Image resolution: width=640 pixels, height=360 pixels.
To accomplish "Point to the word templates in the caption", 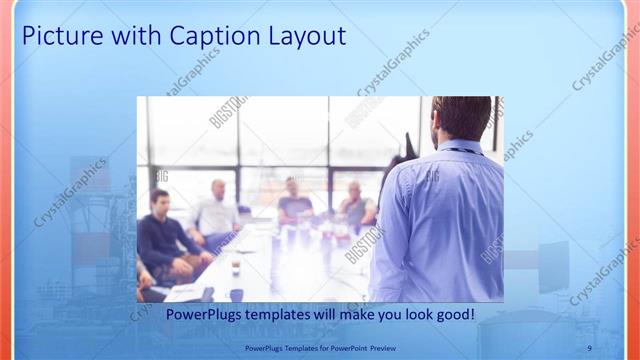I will [x=295, y=314].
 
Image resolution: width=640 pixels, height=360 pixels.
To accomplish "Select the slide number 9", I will [x=589, y=347].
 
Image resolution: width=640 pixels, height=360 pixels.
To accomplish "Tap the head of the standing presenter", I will [x=461, y=118].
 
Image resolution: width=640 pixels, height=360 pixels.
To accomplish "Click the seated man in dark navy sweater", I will [x=160, y=238].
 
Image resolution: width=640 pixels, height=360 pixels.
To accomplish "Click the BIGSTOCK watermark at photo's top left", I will [x=227, y=112].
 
